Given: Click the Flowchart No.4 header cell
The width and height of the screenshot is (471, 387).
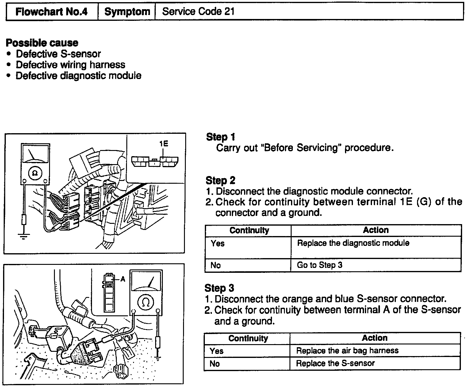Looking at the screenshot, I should (52, 12).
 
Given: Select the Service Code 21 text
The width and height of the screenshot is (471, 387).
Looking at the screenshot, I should (198, 12).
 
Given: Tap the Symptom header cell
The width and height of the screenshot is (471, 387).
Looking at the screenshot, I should (127, 12).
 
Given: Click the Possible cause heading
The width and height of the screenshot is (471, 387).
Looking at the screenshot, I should (42, 43).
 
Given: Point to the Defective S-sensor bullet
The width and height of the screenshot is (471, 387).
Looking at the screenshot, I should (58, 54).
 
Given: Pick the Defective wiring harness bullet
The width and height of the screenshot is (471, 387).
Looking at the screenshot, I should (70, 65).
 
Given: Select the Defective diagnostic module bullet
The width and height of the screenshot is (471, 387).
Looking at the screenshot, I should (78, 76).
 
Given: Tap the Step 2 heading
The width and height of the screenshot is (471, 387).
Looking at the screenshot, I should (220, 180).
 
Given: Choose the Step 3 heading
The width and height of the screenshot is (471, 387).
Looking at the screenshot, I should (219, 288).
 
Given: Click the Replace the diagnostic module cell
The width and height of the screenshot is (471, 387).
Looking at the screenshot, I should (353, 243).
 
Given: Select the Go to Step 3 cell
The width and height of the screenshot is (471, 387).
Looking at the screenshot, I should (320, 265).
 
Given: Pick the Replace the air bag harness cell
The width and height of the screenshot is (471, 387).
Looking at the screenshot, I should (347, 351).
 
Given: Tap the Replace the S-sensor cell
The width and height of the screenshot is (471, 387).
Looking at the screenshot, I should (335, 363).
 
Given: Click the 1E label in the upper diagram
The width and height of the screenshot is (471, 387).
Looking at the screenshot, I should (164, 144).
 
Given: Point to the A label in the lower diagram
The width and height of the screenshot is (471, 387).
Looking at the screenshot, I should (123, 279).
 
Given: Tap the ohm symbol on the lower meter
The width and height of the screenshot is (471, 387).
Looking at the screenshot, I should (146, 303).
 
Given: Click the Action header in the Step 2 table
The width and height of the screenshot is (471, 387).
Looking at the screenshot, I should (376, 230).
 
